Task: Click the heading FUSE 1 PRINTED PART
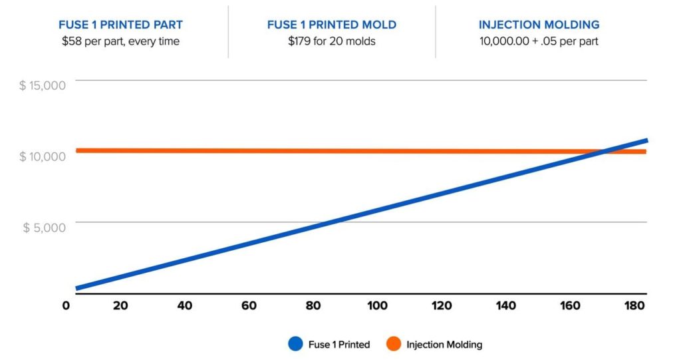120,25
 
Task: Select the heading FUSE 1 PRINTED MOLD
331,25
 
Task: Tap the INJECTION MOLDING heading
539,25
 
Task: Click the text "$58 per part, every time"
120,41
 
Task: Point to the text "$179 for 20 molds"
331,41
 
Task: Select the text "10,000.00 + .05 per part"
539,41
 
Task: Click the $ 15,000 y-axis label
43,86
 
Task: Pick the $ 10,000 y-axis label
43,156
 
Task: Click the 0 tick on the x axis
65,305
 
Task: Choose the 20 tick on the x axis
120,305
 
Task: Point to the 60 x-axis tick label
249,305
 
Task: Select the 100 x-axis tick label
376,305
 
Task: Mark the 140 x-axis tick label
505,305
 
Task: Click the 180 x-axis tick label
634,305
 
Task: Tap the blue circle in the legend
296,344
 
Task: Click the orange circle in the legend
394,344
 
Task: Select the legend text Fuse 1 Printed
339,345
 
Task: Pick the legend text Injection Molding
444,345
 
